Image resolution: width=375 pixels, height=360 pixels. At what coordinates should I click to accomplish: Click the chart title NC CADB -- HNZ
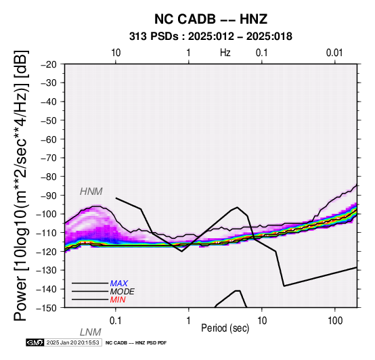coord(211,19)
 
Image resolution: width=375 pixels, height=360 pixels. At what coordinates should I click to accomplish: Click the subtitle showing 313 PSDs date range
coord(211,37)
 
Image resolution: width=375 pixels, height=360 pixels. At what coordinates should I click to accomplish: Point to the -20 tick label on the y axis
coord(49,64)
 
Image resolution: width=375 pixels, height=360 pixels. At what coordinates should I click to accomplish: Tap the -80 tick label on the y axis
coord(49,177)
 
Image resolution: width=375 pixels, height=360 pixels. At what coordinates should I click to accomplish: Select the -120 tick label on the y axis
coord(46,252)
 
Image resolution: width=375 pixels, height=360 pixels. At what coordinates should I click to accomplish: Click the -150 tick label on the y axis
coord(46,308)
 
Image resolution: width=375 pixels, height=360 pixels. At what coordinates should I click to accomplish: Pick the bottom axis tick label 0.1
coord(116,321)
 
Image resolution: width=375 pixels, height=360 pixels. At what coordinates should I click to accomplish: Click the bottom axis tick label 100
coord(335,321)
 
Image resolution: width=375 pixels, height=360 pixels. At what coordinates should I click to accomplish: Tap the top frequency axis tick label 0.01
coord(334,53)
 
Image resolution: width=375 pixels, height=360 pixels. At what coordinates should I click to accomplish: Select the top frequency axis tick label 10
coord(116,53)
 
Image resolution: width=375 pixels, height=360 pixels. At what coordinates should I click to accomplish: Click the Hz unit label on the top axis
coord(225,53)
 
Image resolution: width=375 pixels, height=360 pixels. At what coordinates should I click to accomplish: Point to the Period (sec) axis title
coord(225,328)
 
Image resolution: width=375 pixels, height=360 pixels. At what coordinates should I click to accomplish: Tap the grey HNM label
coord(91,192)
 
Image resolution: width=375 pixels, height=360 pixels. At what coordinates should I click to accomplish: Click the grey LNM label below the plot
coord(91,332)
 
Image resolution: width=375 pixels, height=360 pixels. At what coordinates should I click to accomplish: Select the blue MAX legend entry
coord(119,284)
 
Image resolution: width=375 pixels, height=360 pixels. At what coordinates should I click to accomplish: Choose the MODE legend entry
coord(123,292)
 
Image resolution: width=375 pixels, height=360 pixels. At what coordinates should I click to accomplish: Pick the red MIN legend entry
coord(118,300)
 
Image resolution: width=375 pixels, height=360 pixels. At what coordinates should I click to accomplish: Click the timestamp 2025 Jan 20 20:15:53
coord(72,342)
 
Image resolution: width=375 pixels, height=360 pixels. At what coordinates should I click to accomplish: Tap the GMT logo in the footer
coord(35,342)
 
